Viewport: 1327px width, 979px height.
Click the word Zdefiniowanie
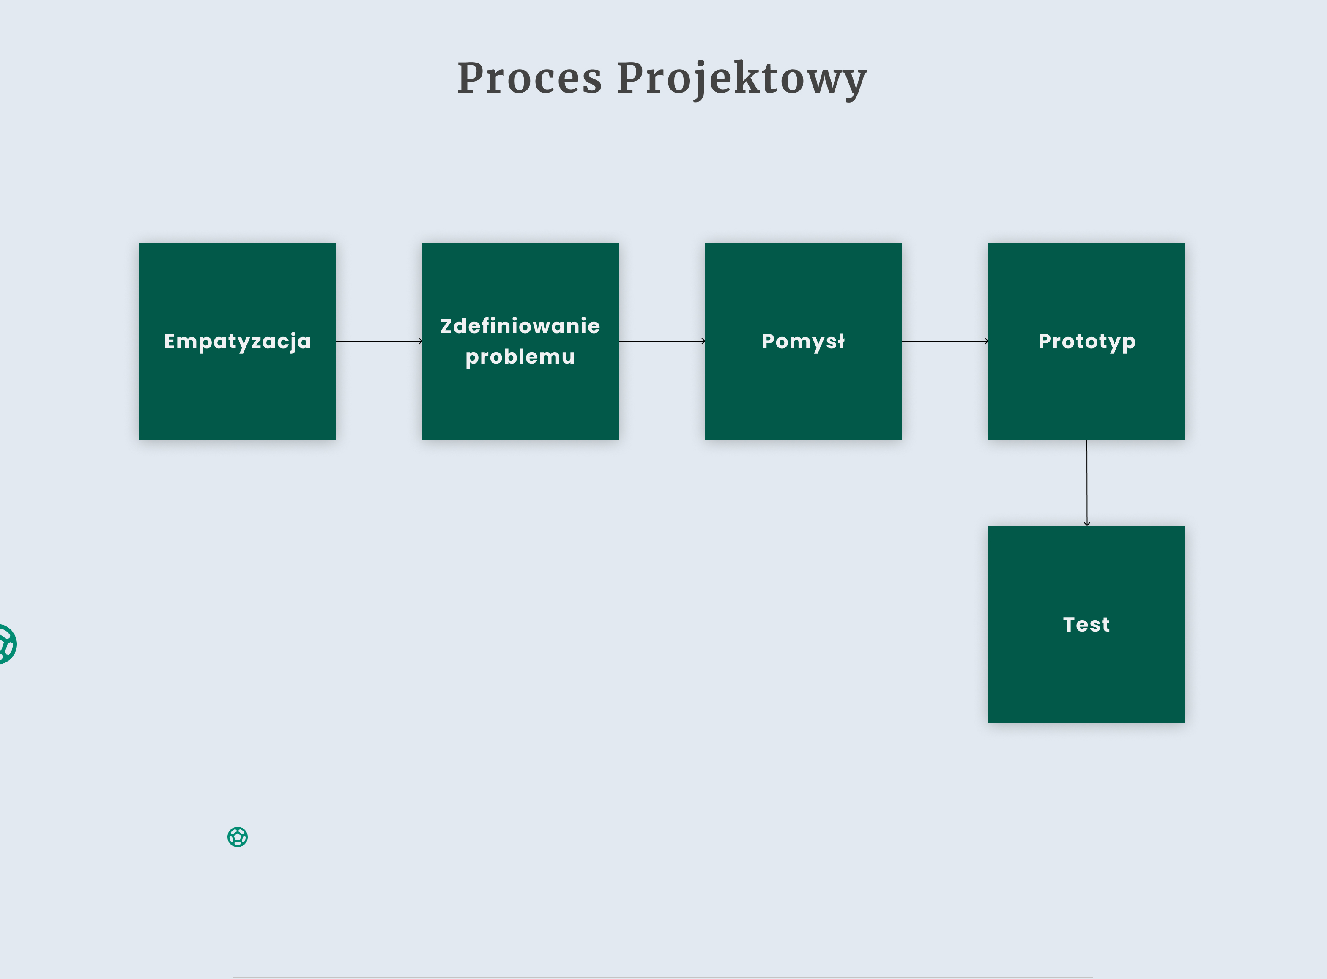(520, 326)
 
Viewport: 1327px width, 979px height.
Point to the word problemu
(520, 357)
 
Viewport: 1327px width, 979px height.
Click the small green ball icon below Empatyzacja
(238, 837)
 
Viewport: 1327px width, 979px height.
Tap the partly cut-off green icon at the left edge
(6, 644)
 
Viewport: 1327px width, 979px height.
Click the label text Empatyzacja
(237, 342)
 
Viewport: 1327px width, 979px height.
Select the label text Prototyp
(1086, 342)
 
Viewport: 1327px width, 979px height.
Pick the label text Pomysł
(803, 342)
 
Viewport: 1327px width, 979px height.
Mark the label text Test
(1086, 625)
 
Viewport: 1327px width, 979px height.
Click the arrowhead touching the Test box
(1086, 523)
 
